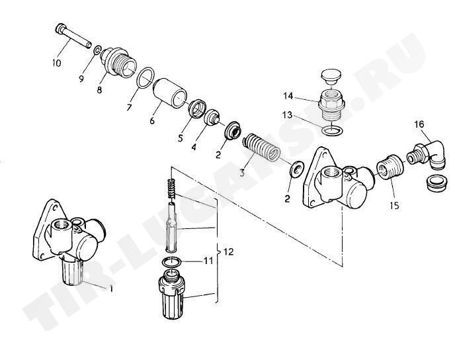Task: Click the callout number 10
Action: click(57, 63)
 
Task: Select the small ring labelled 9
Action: click(97, 50)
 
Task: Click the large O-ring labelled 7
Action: click(145, 77)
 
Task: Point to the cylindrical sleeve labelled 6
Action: click(170, 93)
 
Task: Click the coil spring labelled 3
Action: click(261, 147)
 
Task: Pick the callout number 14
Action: click(288, 96)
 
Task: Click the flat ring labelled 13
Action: click(332, 130)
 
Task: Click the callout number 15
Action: click(394, 205)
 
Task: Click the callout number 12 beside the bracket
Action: click(229, 251)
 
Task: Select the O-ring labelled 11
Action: click(172, 262)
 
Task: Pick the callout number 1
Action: click(110, 289)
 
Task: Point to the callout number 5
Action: click(181, 138)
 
